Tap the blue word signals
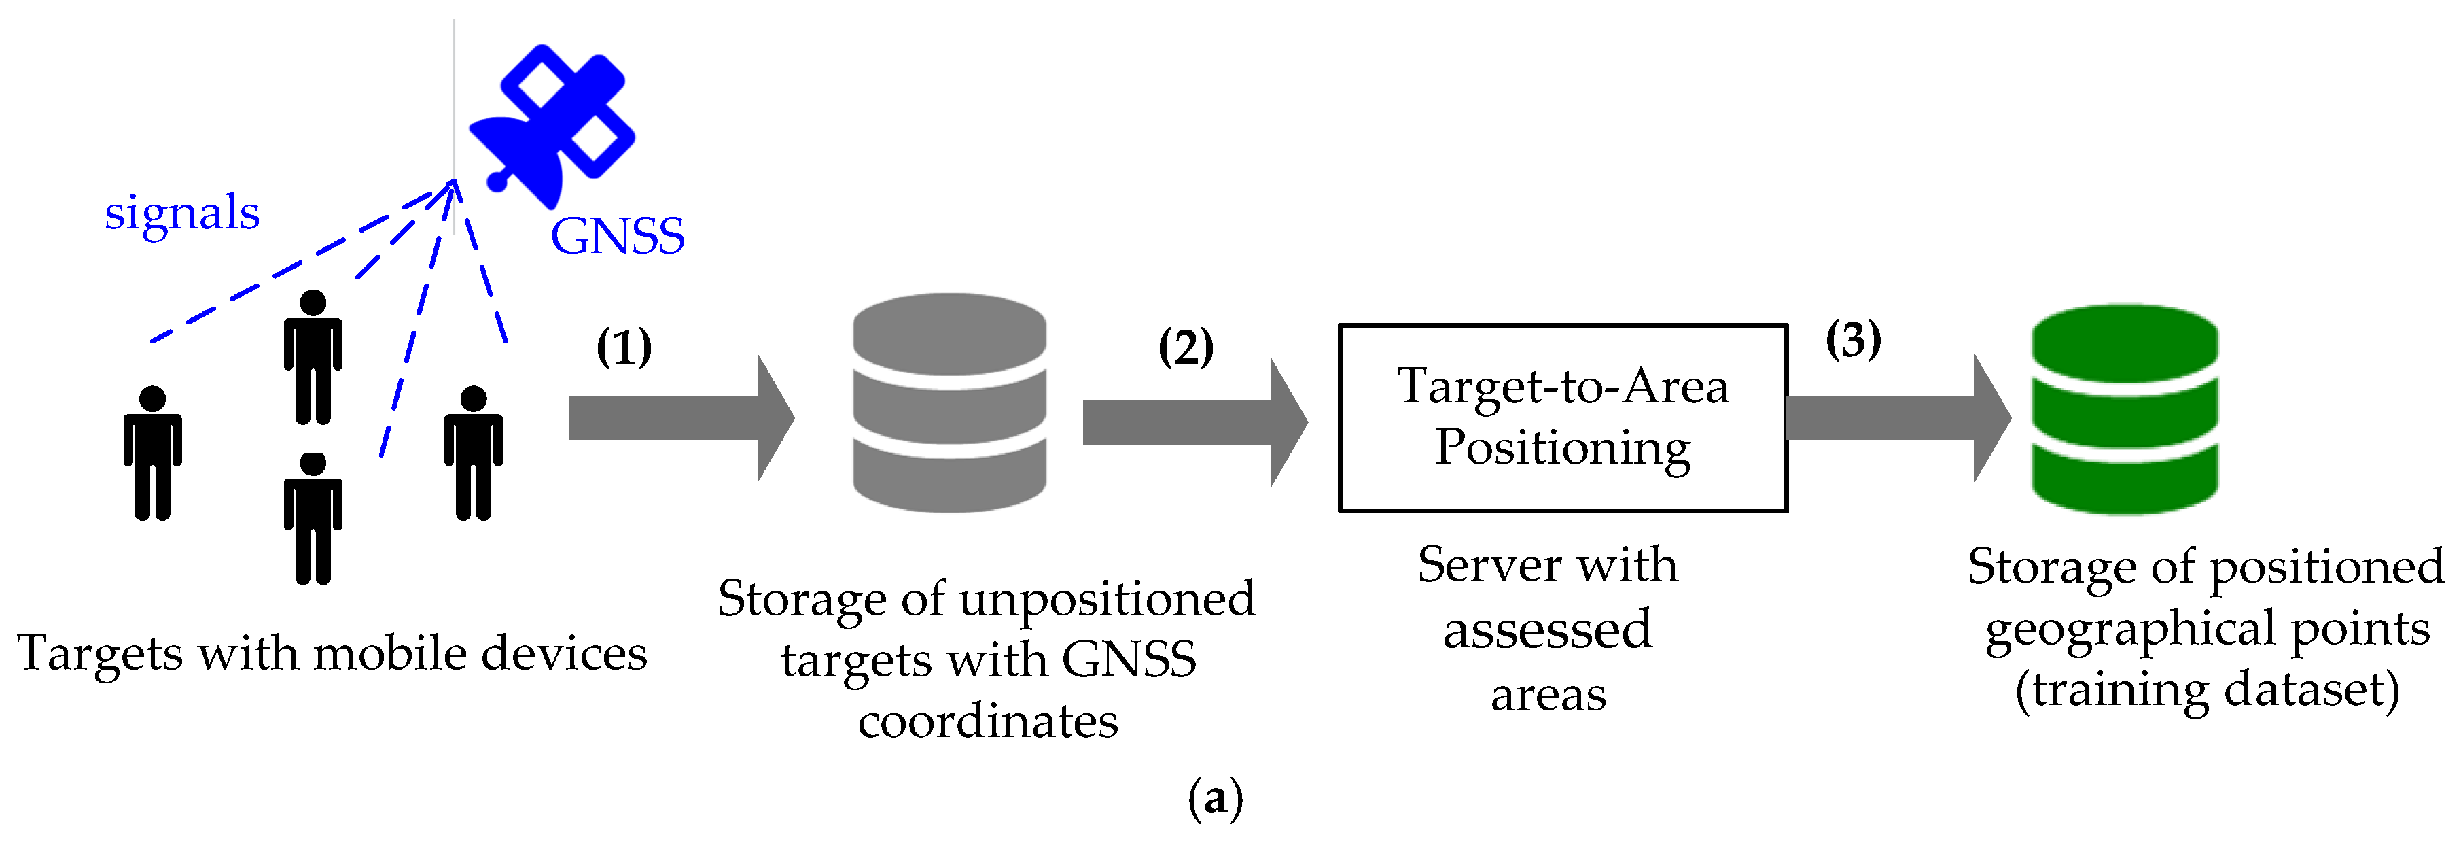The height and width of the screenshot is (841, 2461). click(x=181, y=212)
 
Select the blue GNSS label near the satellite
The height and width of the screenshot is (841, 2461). click(x=617, y=235)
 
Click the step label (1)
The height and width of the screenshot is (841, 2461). click(x=624, y=346)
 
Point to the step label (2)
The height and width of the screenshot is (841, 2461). click(x=1186, y=346)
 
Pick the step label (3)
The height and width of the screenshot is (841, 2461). click(x=1854, y=339)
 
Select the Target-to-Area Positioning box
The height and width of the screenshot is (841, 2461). click(x=1562, y=417)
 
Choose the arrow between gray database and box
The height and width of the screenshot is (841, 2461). click(x=1194, y=422)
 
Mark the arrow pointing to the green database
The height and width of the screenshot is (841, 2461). click(x=1897, y=417)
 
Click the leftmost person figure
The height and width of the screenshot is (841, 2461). click(x=153, y=453)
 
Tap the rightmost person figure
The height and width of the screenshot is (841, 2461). click(x=473, y=453)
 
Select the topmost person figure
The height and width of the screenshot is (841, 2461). click(x=313, y=356)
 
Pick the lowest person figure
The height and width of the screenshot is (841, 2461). click(x=313, y=519)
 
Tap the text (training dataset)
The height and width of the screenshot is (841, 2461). click(x=2207, y=689)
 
